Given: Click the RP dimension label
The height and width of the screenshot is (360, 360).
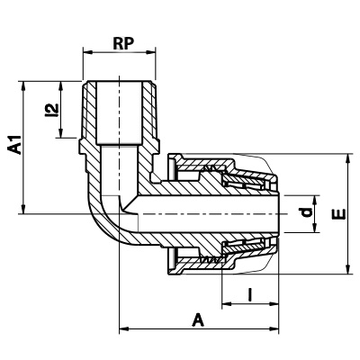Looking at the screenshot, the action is click(x=123, y=44).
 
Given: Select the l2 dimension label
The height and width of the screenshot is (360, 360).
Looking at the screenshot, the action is click(x=51, y=110).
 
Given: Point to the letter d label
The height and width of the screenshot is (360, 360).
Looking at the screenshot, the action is click(x=307, y=212).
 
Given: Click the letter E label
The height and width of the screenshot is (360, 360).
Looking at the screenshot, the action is click(x=340, y=214).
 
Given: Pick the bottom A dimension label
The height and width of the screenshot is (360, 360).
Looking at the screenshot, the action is click(x=198, y=319).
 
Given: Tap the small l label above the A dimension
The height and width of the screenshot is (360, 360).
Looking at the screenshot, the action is click(x=249, y=294).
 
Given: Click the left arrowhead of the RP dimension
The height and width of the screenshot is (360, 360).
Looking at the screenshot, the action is click(x=87, y=53).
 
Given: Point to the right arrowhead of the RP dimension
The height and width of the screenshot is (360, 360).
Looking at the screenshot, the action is click(x=151, y=53).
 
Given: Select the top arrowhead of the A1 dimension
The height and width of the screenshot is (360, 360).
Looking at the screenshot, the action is click(x=23, y=85).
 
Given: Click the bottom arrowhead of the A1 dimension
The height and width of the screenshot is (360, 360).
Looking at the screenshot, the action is click(x=23, y=209).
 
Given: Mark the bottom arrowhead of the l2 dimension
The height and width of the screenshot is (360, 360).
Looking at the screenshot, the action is click(x=61, y=133).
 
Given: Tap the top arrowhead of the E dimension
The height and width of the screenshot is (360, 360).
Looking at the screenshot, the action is click(x=348, y=158).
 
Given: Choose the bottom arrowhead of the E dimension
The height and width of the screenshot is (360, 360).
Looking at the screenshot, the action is click(x=348, y=269).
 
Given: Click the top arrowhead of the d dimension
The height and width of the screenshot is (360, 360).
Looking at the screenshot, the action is click(x=315, y=200).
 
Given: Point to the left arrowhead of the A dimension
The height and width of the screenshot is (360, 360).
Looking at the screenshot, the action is click(x=124, y=328).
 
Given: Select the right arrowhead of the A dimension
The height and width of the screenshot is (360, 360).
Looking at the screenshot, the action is click(x=274, y=328).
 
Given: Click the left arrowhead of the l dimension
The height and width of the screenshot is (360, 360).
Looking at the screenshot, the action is click(x=227, y=304).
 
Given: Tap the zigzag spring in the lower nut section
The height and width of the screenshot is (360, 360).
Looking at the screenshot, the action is click(x=211, y=259).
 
